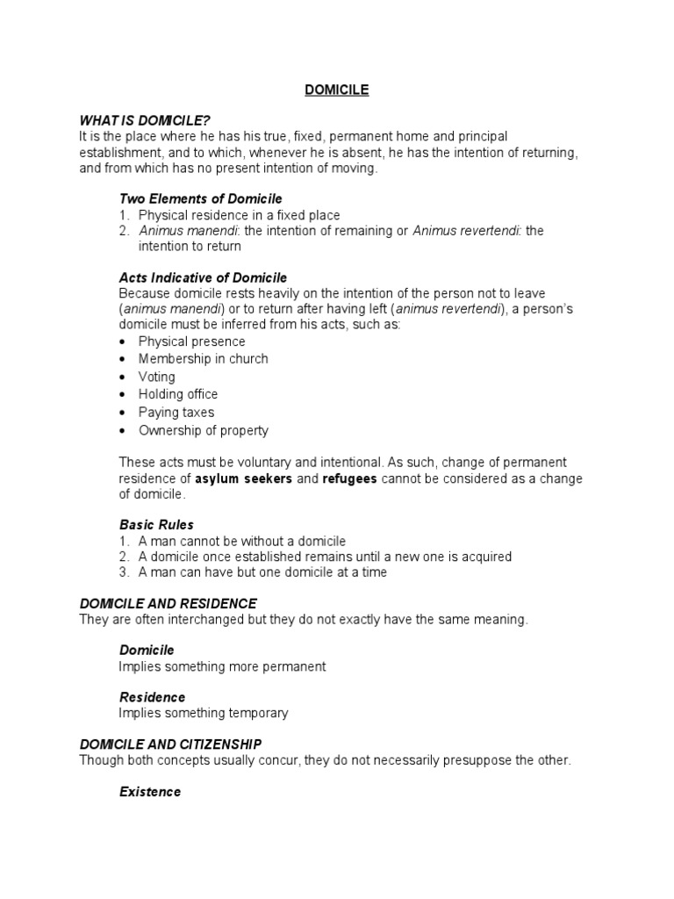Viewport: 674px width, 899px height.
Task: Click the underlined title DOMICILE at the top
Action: [x=336, y=90]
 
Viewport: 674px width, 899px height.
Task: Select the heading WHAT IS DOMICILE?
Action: [x=145, y=120]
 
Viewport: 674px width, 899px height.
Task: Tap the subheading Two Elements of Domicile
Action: [x=200, y=198]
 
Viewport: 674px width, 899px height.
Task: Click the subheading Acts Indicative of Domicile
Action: [x=203, y=277]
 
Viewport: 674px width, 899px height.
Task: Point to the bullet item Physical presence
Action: [x=191, y=342]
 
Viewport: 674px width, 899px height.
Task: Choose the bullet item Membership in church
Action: [x=203, y=359]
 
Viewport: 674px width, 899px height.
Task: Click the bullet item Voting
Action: [x=156, y=377]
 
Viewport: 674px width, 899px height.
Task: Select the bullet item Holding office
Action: [x=177, y=394]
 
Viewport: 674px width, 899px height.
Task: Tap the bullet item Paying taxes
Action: [x=176, y=413]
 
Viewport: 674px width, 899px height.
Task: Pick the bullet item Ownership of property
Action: [x=203, y=430]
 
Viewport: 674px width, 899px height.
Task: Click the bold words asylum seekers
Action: [x=243, y=478]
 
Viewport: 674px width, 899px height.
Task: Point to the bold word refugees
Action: [x=349, y=478]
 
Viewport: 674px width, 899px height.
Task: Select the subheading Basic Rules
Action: [x=156, y=525]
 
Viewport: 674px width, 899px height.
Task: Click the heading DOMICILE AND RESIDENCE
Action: [x=168, y=604]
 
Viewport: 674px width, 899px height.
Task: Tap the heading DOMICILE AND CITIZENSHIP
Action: [x=170, y=744]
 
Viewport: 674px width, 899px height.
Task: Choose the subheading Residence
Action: [x=152, y=697]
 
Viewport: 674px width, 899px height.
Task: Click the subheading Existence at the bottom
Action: [x=150, y=792]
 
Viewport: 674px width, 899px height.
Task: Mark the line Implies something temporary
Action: [x=204, y=713]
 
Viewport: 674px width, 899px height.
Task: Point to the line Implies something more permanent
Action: [x=222, y=666]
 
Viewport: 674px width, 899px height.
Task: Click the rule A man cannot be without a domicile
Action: [x=241, y=541]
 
